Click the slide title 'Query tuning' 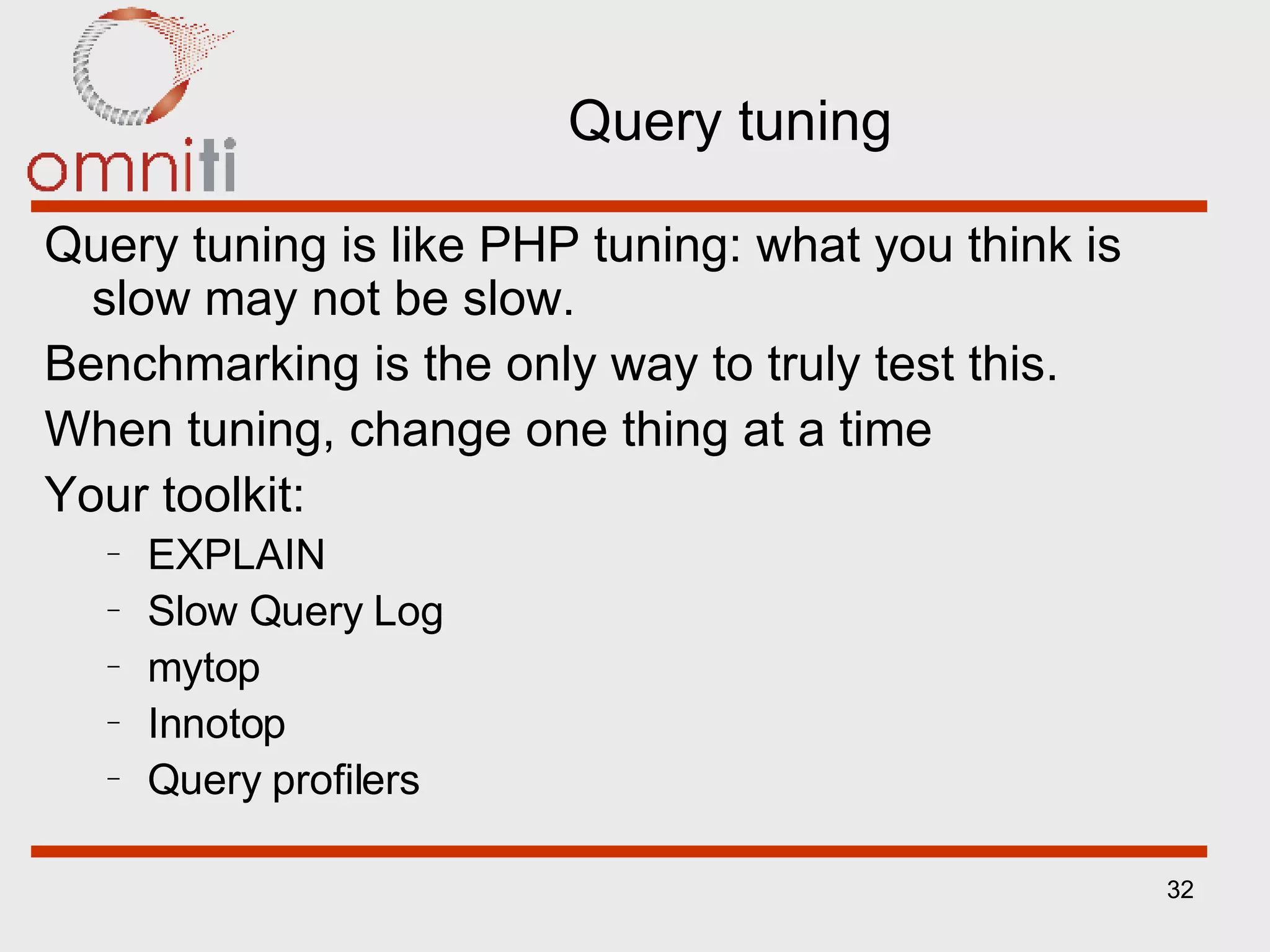pyautogui.click(x=729, y=122)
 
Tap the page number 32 pyautogui.click(x=1179, y=889)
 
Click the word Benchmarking pyautogui.click(x=202, y=364)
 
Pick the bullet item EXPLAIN pyautogui.click(x=236, y=554)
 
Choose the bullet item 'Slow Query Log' pyautogui.click(x=295, y=611)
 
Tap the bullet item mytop pyautogui.click(x=203, y=668)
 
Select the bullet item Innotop pyautogui.click(x=216, y=723)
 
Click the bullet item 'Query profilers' pyautogui.click(x=283, y=780)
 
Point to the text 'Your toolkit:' pyautogui.click(x=175, y=495)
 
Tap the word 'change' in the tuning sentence pyautogui.click(x=430, y=430)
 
